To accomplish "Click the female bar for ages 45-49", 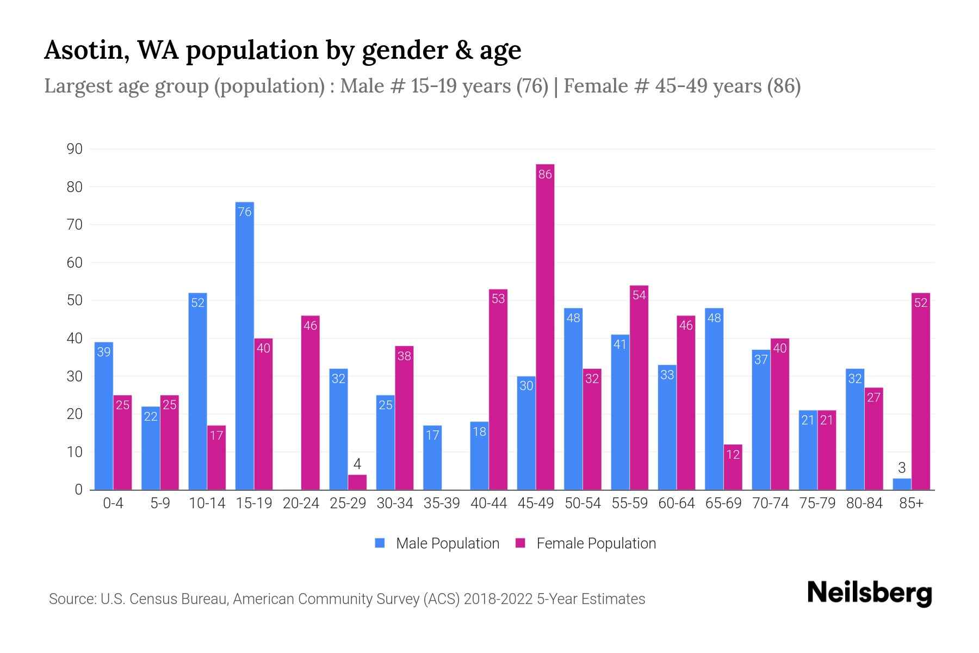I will click(545, 326).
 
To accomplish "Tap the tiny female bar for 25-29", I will click(357, 483).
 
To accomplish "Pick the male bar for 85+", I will click(902, 484).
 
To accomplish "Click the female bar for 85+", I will click(921, 392).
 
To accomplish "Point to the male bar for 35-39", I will click(432, 458).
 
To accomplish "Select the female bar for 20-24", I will click(311, 403).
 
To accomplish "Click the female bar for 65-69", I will click(733, 467).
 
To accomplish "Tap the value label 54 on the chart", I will click(639, 295).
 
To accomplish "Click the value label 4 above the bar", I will click(357, 464).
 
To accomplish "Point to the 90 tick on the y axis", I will click(75, 149).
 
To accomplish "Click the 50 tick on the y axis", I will click(75, 300).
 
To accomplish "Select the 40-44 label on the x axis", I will click(488, 503).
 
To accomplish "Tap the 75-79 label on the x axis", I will click(817, 503).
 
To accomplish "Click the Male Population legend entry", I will click(437, 543).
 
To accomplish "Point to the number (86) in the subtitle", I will click(783, 86).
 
